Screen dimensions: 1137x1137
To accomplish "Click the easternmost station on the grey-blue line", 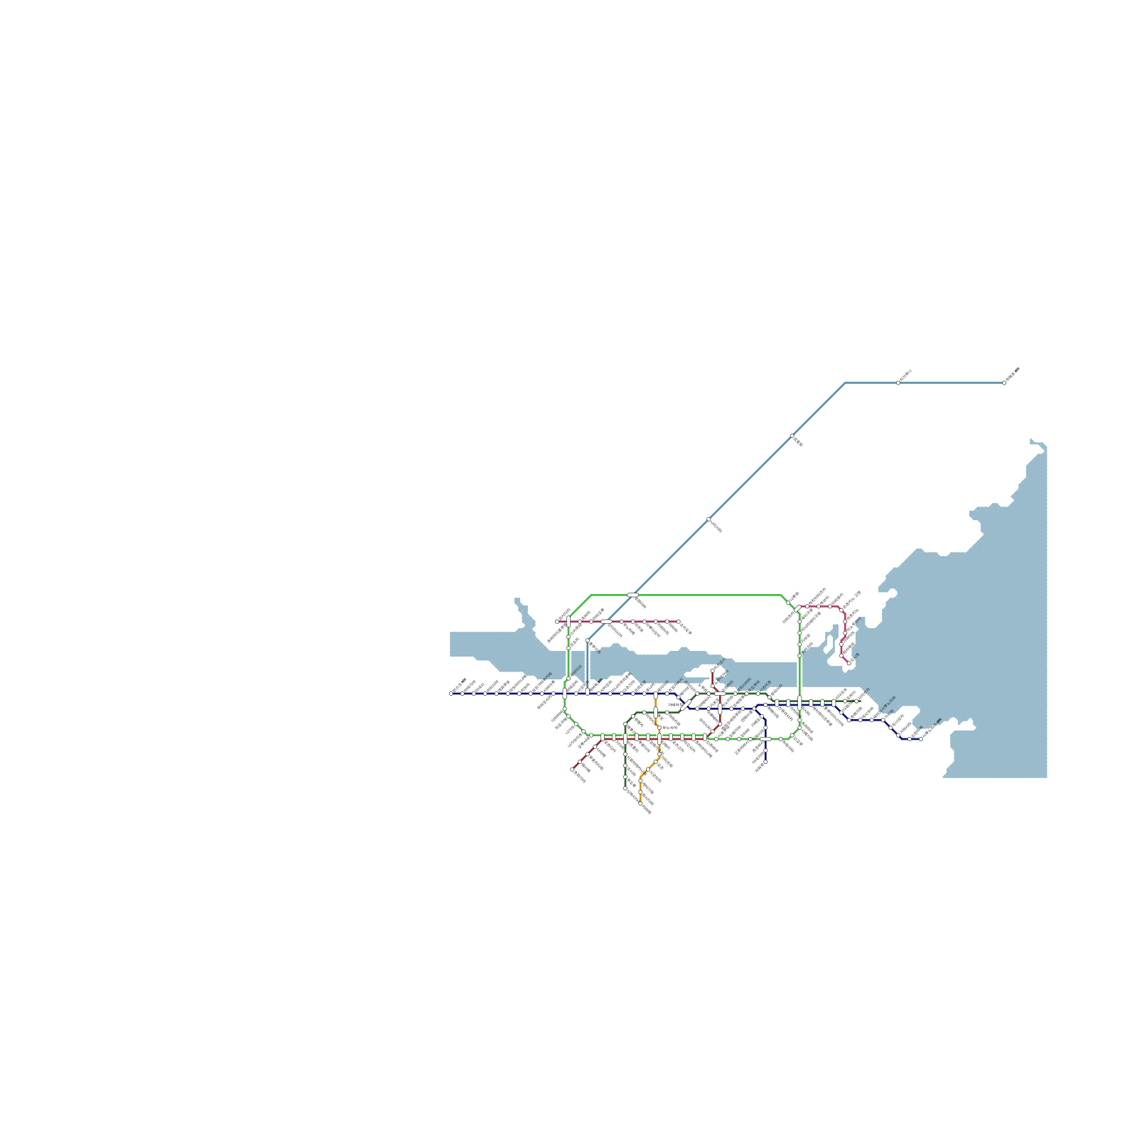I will (x=1004, y=383).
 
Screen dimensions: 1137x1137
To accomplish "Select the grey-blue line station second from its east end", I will (x=898, y=383).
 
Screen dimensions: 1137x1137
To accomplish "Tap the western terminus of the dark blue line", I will (x=451, y=694).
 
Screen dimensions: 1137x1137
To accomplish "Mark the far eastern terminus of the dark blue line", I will (x=921, y=739).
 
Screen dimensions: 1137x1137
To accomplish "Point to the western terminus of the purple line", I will (x=557, y=622).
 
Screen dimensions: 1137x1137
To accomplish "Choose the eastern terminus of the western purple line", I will (x=678, y=622).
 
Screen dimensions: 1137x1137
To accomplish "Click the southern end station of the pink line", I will (x=848, y=663).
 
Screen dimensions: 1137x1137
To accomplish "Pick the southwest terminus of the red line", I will (x=572, y=769).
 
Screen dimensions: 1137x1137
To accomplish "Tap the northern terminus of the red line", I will (x=712, y=670).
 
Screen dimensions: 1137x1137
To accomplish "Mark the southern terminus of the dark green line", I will (x=625, y=789).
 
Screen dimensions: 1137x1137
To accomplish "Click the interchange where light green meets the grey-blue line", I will (x=632, y=595).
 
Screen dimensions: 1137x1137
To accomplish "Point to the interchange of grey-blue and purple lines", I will (x=605, y=622).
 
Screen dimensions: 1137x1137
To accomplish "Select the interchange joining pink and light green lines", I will (x=799, y=608).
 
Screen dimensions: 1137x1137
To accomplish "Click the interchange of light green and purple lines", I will (x=568, y=622).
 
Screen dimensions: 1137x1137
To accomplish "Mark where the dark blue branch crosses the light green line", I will (x=765, y=739).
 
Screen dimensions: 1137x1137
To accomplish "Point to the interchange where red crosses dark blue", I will (x=720, y=708).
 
